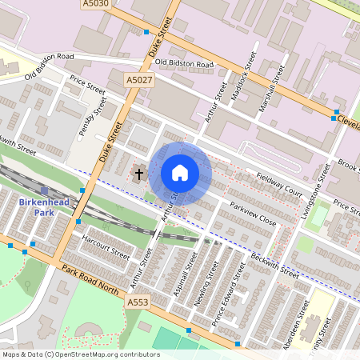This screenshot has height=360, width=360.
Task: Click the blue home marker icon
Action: click(x=180, y=173)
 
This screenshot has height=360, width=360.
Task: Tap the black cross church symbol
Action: click(x=138, y=173)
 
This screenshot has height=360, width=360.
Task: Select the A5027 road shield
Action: click(x=139, y=80)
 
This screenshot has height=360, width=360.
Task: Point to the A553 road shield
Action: click(x=137, y=303)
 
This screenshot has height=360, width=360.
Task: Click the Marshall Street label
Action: click(x=273, y=83)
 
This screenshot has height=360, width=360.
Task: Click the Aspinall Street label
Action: click(x=184, y=274)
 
